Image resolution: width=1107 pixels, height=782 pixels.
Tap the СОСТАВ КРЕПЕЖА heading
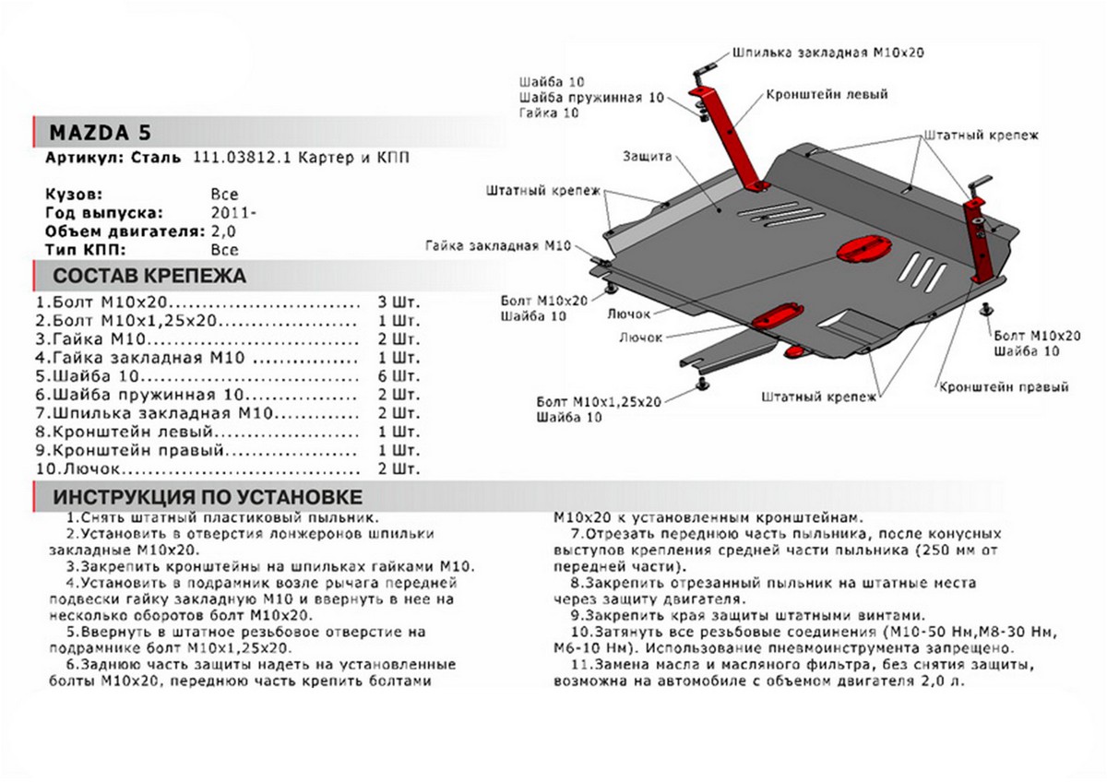pos(149,276)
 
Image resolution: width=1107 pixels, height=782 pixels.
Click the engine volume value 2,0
pos(223,231)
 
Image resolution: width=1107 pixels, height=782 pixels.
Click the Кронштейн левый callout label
pos(826,95)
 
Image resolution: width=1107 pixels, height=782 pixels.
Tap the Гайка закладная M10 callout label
pos(498,245)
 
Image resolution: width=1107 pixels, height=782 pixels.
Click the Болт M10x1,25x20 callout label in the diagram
pos(599,402)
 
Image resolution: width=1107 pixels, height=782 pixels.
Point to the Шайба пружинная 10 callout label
pos(590,97)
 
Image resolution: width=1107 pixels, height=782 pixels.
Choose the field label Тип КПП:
pos(84,249)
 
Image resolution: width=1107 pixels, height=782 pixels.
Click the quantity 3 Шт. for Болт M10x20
pos(398,302)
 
